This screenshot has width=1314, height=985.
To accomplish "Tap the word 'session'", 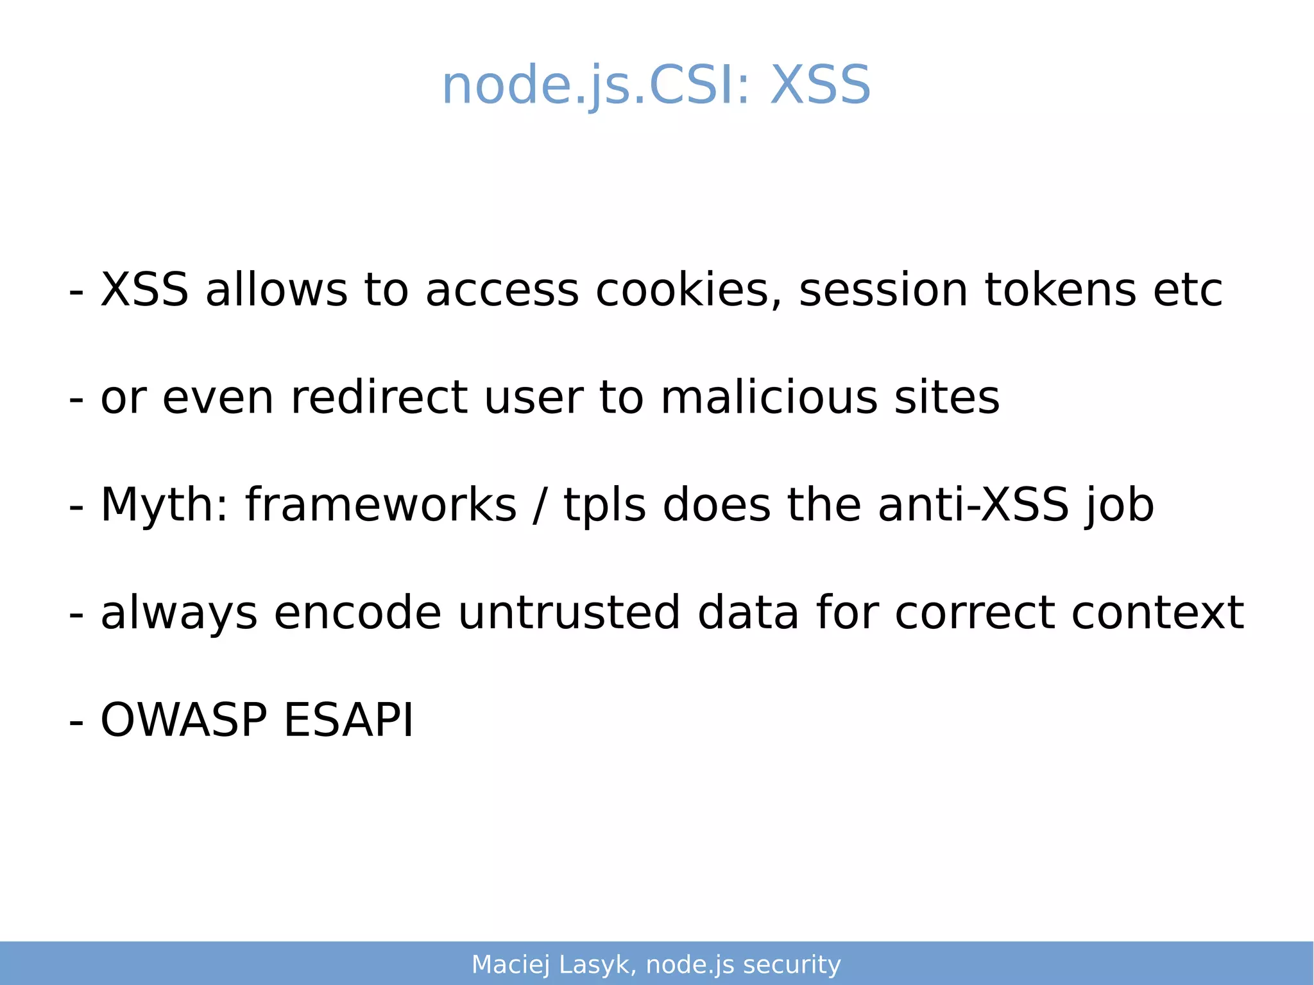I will click(883, 290).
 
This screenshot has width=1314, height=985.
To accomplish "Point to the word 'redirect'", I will click(379, 397).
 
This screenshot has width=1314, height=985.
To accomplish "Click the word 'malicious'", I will click(769, 397).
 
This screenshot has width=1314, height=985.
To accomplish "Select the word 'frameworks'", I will click(380, 505).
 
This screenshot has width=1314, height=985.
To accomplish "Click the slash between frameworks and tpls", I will click(540, 505).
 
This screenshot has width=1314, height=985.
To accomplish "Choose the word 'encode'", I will click(357, 612).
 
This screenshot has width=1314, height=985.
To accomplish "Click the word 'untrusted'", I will click(569, 612).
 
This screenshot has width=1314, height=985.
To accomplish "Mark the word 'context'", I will click(1158, 612).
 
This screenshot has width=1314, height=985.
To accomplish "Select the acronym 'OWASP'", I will click(183, 720).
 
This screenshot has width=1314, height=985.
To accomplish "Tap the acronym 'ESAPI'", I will click(348, 720).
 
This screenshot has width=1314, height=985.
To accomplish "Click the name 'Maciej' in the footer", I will click(511, 964).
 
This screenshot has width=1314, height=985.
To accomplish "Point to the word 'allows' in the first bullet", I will click(277, 290).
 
